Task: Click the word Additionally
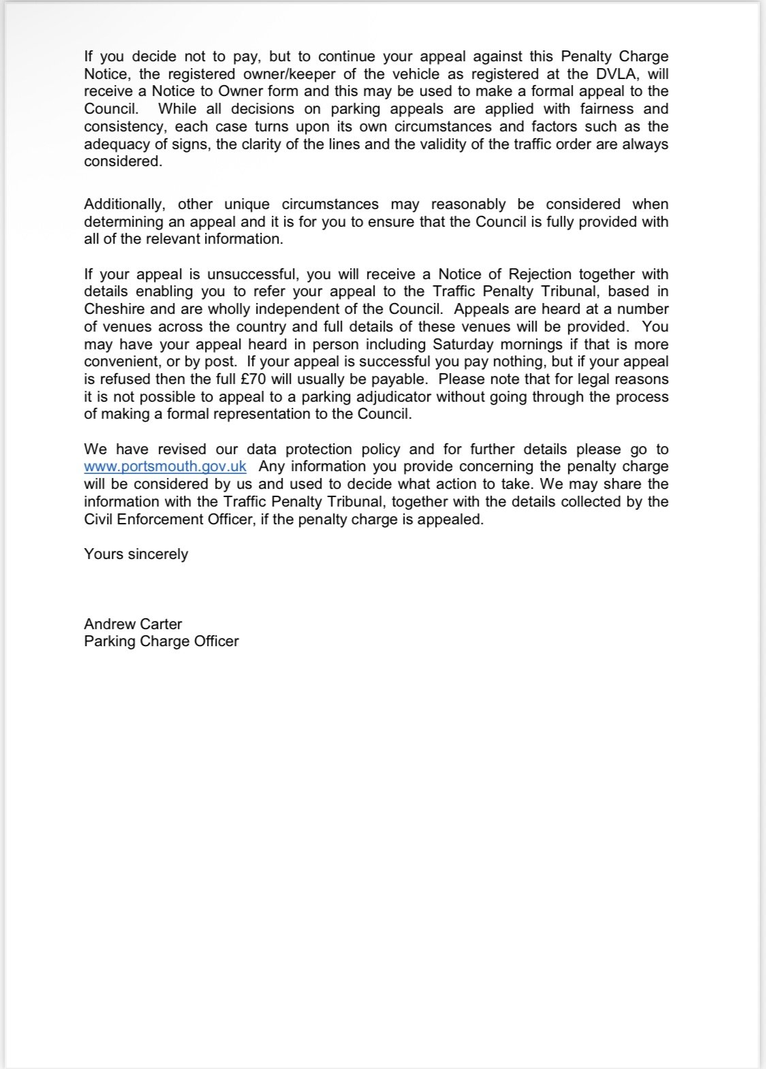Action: click(127, 204)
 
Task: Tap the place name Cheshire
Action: click(115, 309)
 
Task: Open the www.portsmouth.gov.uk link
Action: click(165, 467)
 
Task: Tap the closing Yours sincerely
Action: click(136, 554)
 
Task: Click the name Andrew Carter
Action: click(133, 624)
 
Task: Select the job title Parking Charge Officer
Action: click(161, 641)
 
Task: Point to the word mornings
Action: click(532, 345)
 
